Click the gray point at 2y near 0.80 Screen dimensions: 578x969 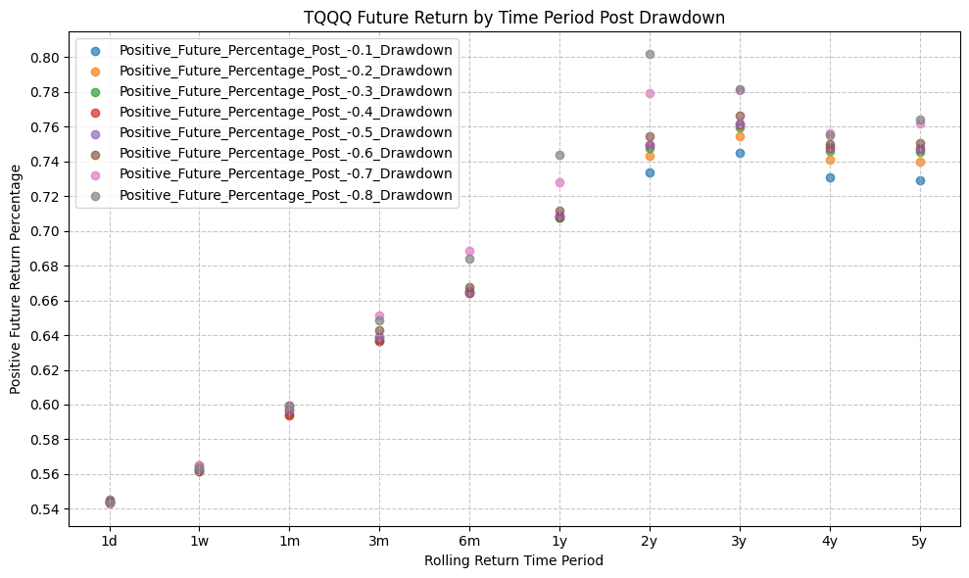650,54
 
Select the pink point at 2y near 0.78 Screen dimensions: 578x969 650,93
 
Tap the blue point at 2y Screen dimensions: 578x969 650,172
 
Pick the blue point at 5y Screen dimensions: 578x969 920,180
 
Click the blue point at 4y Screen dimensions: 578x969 830,177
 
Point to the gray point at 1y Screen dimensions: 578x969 559,155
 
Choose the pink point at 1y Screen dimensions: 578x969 559,182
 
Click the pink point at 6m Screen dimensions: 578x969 469,251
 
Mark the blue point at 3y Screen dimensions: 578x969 740,153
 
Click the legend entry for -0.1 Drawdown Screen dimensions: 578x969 285,49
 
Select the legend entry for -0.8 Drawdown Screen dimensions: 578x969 285,195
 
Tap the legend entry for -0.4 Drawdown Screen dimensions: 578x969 285,112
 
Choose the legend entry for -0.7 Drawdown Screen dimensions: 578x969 285,173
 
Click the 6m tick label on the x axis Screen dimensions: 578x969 469,540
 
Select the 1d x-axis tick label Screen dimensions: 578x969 110,540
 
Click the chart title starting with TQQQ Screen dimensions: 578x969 513,18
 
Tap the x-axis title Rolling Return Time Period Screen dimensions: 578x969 513,561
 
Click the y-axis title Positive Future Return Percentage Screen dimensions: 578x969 16,279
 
